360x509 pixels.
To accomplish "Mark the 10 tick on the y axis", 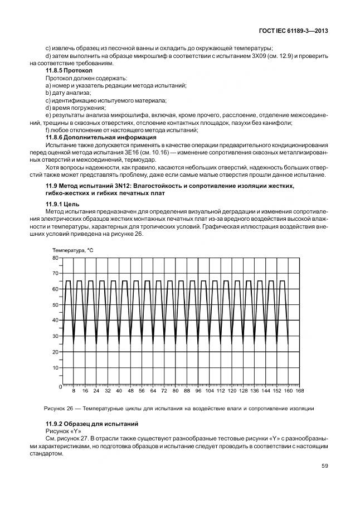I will pyautogui.click(x=55, y=368).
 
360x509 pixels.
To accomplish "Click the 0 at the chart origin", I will pyautogui.click(x=60, y=386).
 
